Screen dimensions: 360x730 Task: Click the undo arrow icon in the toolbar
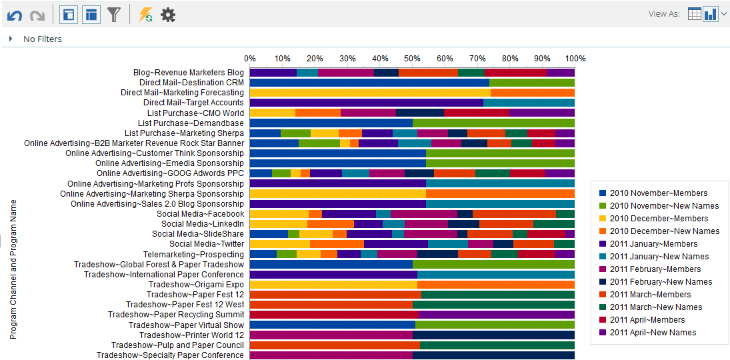(x=15, y=15)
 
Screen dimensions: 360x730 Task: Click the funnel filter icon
(x=114, y=15)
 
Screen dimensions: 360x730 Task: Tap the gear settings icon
(x=168, y=15)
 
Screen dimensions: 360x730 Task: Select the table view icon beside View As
(x=694, y=14)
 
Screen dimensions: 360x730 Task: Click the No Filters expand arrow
(x=11, y=39)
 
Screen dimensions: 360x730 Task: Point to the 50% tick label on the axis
(x=413, y=59)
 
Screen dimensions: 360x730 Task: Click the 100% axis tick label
(x=575, y=59)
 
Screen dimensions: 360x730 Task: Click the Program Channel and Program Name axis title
(x=13, y=269)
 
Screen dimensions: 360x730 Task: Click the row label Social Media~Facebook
(x=200, y=214)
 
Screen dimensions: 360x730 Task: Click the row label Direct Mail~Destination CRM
(x=191, y=83)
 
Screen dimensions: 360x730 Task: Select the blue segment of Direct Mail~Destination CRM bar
(x=369, y=83)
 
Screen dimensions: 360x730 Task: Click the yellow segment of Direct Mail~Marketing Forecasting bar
(x=370, y=93)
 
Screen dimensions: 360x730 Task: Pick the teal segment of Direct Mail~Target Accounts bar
(x=529, y=103)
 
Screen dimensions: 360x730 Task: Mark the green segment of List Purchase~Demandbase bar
(x=493, y=123)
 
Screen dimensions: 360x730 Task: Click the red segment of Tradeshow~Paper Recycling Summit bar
(x=334, y=315)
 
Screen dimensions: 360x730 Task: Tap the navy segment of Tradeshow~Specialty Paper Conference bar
(x=493, y=355)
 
